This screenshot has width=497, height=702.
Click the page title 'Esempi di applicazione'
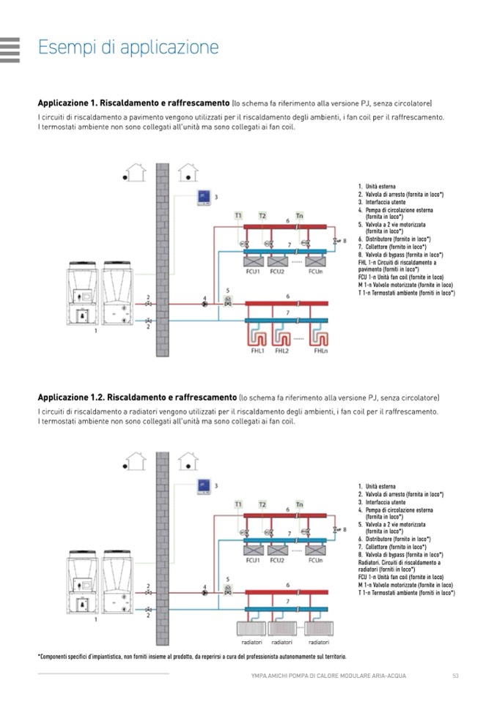tap(128, 48)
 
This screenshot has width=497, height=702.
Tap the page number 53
tap(456, 675)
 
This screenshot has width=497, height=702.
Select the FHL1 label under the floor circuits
tap(257, 351)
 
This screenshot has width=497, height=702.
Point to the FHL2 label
tap(282, 351)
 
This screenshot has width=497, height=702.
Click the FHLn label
tap(320, 351)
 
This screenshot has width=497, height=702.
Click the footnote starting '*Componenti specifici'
tap(191, 656)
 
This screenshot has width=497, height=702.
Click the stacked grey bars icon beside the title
tap(10, 48)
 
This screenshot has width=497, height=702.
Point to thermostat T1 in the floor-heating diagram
tap(238, 215)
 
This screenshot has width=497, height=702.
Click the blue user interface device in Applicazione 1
tap(205, 197)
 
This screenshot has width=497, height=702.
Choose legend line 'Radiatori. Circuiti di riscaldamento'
tap(400, 562)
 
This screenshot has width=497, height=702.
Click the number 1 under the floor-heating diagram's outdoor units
tap(96, 332)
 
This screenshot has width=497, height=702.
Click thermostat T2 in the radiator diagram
tap(262, 504)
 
